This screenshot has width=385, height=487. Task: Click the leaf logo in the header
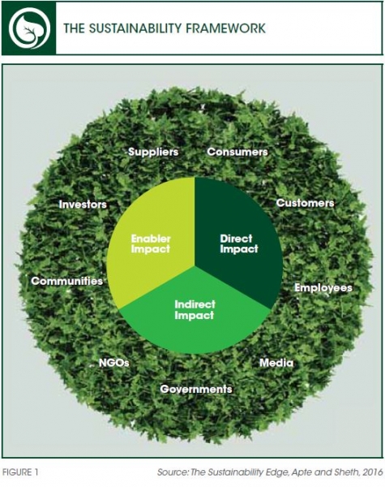[x=28, y=28]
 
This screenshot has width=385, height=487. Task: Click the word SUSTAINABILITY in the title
[x=134, y=28]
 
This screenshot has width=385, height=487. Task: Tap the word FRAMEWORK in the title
[x=225, y=28]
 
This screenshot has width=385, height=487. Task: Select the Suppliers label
[x=153, y=152]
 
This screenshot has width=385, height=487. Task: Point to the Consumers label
[x=237, y=152]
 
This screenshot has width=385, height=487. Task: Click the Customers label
[x=305, y=203]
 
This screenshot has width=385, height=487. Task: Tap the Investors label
[x=83, y=205]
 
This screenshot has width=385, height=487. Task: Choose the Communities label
[x=66, y=281]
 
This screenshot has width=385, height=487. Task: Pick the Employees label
[x=323, y=288]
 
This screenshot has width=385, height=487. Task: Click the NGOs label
[x=113, y=363]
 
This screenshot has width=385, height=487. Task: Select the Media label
[x=276, y=363]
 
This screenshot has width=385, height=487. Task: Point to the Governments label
[x=196, y=389]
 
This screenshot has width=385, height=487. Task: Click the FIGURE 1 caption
[x=20, y=472]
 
